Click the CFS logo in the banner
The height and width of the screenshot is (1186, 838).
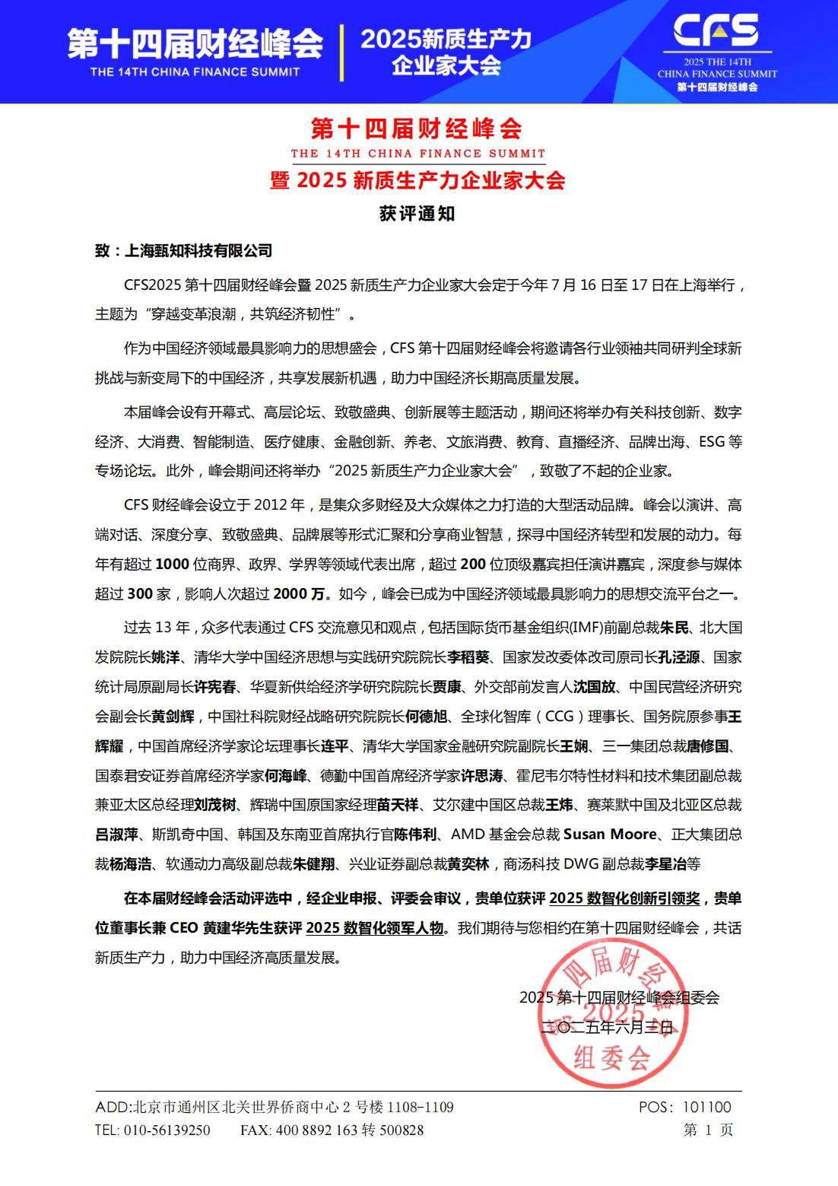click(x=716, y=30)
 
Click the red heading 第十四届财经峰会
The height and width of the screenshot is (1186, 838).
click(x=417, y=129)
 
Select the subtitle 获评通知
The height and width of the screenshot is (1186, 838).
click(x=417, y=214)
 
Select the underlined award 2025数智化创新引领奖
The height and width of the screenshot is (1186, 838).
click(x=624, y=898)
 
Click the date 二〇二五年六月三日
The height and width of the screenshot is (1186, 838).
click(x=607, y=1027)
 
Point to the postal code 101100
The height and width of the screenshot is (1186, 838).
click(x=706, y=1108)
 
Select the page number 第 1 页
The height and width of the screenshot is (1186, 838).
click(x=708, y=1130)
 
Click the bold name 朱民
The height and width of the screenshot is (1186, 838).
click(x=674, y=628)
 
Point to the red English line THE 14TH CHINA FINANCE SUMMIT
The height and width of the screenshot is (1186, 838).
click(x=417, y=153)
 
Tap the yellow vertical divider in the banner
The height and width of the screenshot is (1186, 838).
click(x=341, y=52)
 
